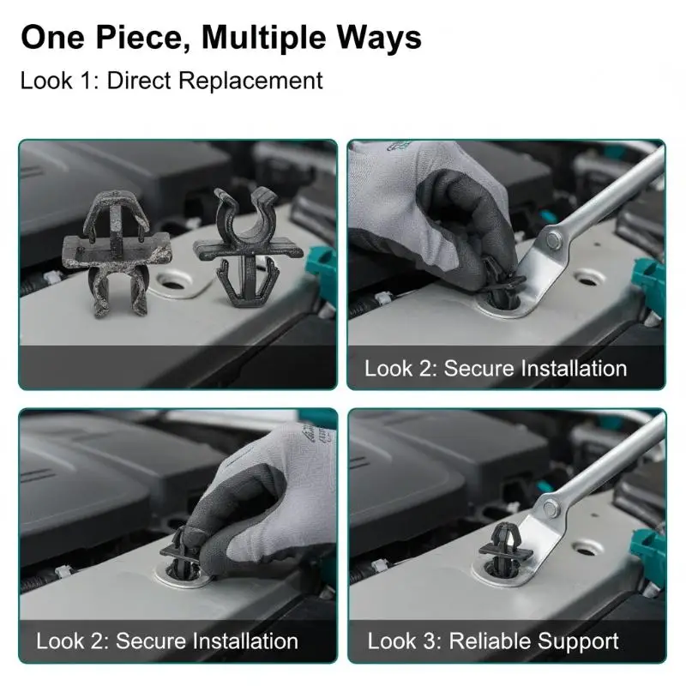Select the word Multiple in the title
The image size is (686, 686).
coord(263,39)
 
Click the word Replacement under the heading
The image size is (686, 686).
coord(250,81)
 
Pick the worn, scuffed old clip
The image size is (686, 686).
coord(117,252)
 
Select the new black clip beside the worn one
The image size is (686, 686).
coord(248,247)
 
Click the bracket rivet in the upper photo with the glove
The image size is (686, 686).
coord(553,239)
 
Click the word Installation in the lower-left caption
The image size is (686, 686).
coord(245,641)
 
